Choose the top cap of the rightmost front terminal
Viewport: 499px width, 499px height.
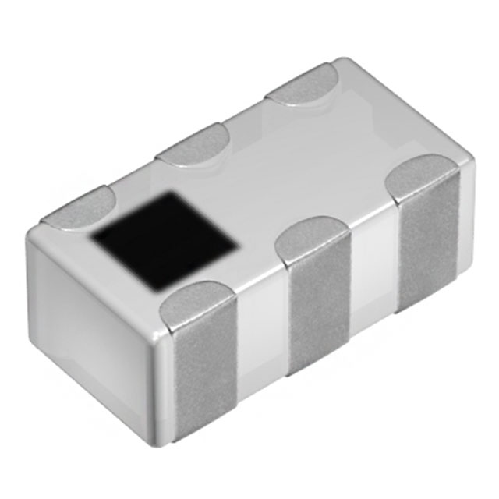click(x=421, y=176)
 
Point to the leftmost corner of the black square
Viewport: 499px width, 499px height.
click(x=91, y=235)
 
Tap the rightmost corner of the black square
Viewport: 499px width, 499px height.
click(x=238, y=248)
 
